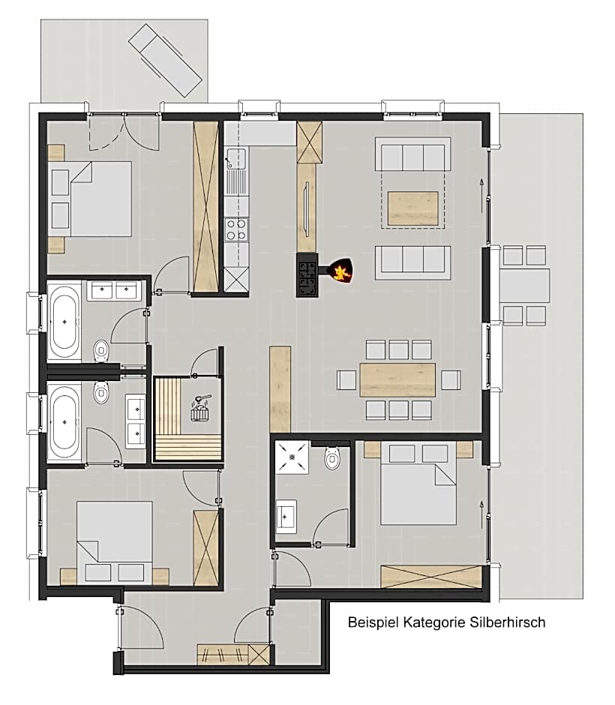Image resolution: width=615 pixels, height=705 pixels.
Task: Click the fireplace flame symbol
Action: point(341,271)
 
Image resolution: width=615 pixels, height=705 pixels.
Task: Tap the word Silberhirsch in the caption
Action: point(508,622)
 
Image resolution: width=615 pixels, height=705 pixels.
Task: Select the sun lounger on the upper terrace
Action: point(164,60)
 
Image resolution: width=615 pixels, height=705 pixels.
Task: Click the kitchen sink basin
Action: point(235,158)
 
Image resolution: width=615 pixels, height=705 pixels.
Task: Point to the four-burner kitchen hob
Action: point(236,229)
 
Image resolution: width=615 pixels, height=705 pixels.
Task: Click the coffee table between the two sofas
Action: point(412,208)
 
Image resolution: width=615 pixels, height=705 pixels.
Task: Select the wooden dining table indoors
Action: point(397,380)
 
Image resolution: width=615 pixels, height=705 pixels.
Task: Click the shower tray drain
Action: point(292,457)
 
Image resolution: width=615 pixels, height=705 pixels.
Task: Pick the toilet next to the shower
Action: point(332,457)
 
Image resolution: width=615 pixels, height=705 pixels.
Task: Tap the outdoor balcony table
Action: point(525,285)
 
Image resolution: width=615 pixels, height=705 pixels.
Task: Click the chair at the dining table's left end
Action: point(346,380)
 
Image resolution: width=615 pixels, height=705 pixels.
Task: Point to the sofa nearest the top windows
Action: point(412,154)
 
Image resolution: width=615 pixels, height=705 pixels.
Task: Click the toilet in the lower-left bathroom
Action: point(101,392)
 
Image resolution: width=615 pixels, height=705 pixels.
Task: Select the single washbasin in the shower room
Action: point(286,516)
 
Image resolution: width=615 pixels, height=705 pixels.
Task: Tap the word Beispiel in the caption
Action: point(373,622)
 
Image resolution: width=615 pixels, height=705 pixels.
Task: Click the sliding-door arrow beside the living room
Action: point(481,196)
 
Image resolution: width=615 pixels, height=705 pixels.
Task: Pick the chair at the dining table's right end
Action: point(451,380)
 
